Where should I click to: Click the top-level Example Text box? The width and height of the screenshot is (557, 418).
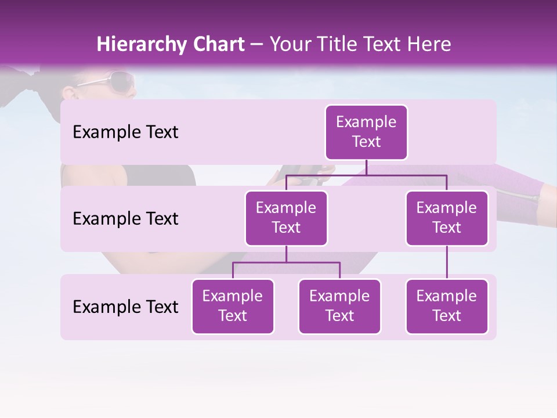(366, 132)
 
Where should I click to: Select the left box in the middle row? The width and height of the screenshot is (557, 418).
(286, 218)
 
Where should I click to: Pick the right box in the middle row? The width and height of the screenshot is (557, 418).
(447, 218)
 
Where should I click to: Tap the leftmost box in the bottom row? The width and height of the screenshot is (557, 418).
(233, 306)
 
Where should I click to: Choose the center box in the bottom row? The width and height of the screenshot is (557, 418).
(339, 306)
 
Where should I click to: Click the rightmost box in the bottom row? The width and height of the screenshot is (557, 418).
(447, 306)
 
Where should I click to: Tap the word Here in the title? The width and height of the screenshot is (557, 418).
(429, 45)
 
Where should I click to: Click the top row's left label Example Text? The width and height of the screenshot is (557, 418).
(125, 132)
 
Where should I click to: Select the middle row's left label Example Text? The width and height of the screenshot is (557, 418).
(125, 219)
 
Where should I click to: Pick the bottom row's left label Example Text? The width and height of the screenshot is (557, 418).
(125, 307)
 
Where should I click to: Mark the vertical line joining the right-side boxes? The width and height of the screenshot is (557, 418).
(447, 262)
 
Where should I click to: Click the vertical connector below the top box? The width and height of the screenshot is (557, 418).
(366, 167)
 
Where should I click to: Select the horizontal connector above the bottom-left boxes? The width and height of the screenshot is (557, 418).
(286, 262)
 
